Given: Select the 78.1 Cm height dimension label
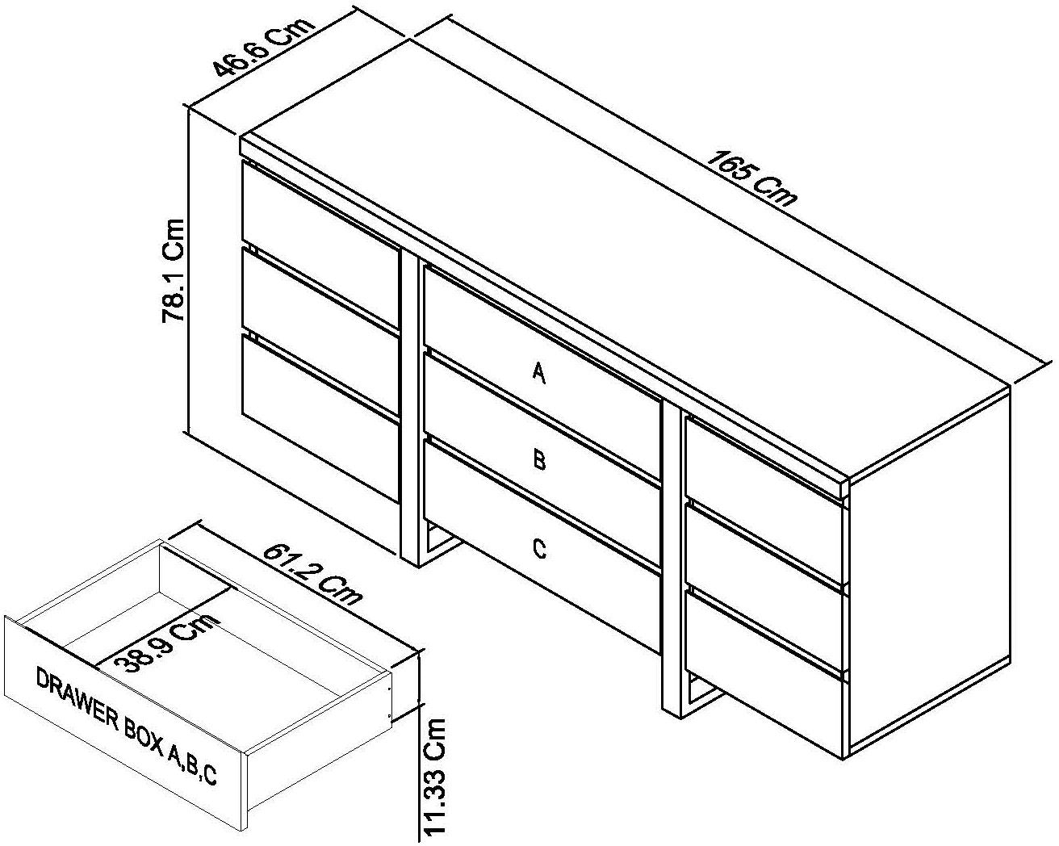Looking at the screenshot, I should [x=175, y=270].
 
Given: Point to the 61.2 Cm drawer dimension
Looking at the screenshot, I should [x=313, y=575].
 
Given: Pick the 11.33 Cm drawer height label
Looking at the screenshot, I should [x=435, y=777].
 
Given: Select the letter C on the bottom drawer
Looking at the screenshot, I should [x=539, y=549].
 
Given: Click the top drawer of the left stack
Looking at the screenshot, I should [x=321, y=211].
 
